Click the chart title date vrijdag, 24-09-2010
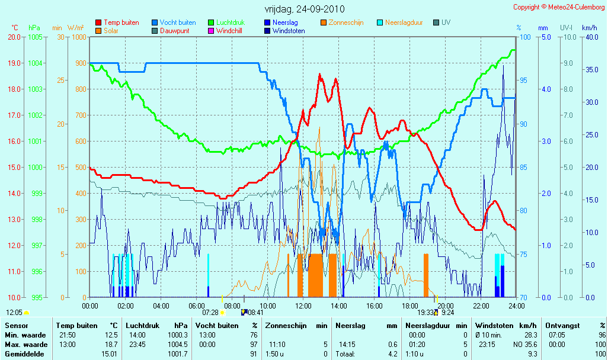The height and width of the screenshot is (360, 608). tap(305, 9)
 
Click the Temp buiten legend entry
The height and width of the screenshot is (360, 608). tap(117, 22)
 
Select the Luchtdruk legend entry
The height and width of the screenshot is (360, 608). tap(226, 22)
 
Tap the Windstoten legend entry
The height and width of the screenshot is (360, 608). tap(284, 31)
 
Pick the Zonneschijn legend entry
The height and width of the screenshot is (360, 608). tap(342, 22)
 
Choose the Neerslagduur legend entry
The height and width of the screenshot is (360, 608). tap(400, 22)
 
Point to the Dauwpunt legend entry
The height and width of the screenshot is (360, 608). tap(171, 31)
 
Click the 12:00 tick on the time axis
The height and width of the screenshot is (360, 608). tap(303, 306)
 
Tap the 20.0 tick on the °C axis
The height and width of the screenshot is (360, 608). tap(14, 37)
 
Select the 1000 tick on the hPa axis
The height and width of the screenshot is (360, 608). tap(35, 168)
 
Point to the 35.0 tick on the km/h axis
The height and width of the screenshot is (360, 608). tap(592, 70)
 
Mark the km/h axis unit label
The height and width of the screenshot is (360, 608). tap(590, 28)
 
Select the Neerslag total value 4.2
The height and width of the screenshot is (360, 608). tap(393, 354)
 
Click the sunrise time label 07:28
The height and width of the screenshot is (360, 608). tap(210, 313)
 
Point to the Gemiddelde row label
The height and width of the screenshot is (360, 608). tap(24, 354)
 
